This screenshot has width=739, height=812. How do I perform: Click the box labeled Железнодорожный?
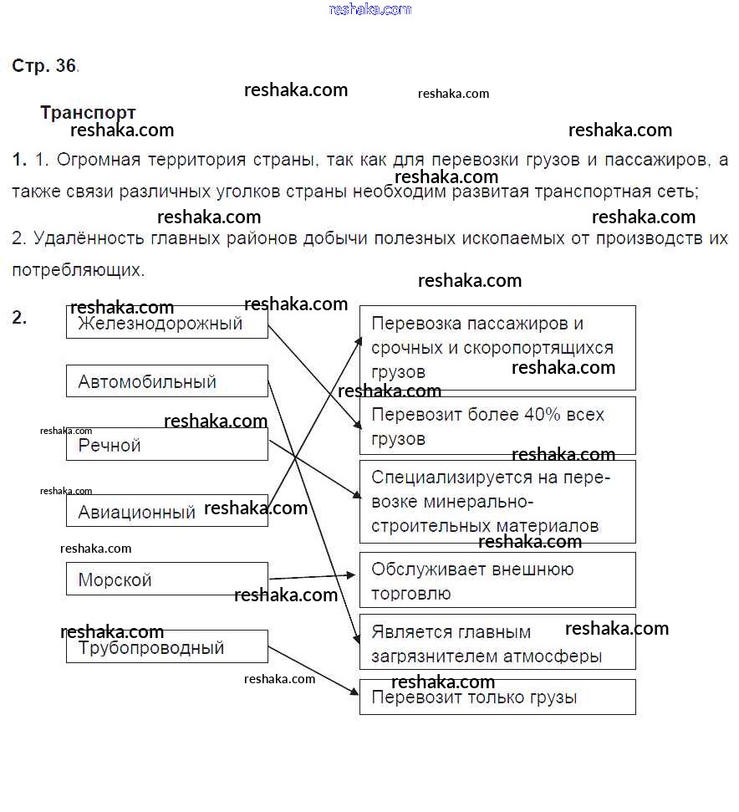(x=166, y=323)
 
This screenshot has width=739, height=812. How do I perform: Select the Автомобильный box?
(x=166, y=381)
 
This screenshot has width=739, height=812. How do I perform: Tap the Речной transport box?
(x=166, y=445)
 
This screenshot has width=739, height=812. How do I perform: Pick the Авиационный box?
(x=166, y=511)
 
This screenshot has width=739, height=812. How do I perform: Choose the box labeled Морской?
(x=166, y=580)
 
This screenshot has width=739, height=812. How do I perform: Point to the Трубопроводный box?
(x=166, y=647)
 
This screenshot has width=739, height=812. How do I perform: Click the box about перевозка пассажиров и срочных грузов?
(x=497, y=347)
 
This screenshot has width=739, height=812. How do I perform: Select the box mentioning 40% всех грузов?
(x=497, y=426)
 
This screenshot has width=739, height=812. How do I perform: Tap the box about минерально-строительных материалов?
(x=497, y=502)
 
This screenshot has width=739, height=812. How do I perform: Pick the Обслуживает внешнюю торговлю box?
(x=497, y=580)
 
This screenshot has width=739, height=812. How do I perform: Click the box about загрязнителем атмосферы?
(x=497, y=643)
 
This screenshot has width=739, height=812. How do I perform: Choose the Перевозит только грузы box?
(x=497, y=697)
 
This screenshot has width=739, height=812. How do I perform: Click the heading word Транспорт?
(x=88, y=113)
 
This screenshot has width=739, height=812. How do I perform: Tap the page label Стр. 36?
(x=44, y=66)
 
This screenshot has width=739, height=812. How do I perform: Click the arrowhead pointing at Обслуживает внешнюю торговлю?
(x=353, y=575)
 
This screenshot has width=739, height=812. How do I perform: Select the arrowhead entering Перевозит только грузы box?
(x=354, y=692)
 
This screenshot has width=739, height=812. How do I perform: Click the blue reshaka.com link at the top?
(x=370, y=9)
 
